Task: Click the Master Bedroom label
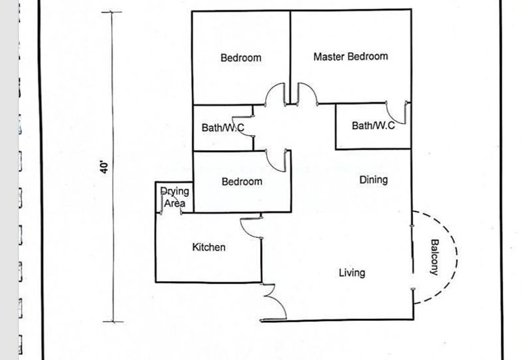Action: click(350, 57)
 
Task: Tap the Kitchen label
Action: click(209, 247)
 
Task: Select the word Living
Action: click(352, 273)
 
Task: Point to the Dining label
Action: click(373, 180)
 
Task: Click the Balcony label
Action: click(434, 258)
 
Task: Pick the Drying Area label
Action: click(174, 198)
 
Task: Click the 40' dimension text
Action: click(104, 167)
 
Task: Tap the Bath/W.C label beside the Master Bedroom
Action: click(373, 125)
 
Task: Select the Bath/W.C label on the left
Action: click(223, 128)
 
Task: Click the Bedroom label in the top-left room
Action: click(241, 57)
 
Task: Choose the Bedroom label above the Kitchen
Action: click(241, 181)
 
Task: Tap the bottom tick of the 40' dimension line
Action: click(113, 322)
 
